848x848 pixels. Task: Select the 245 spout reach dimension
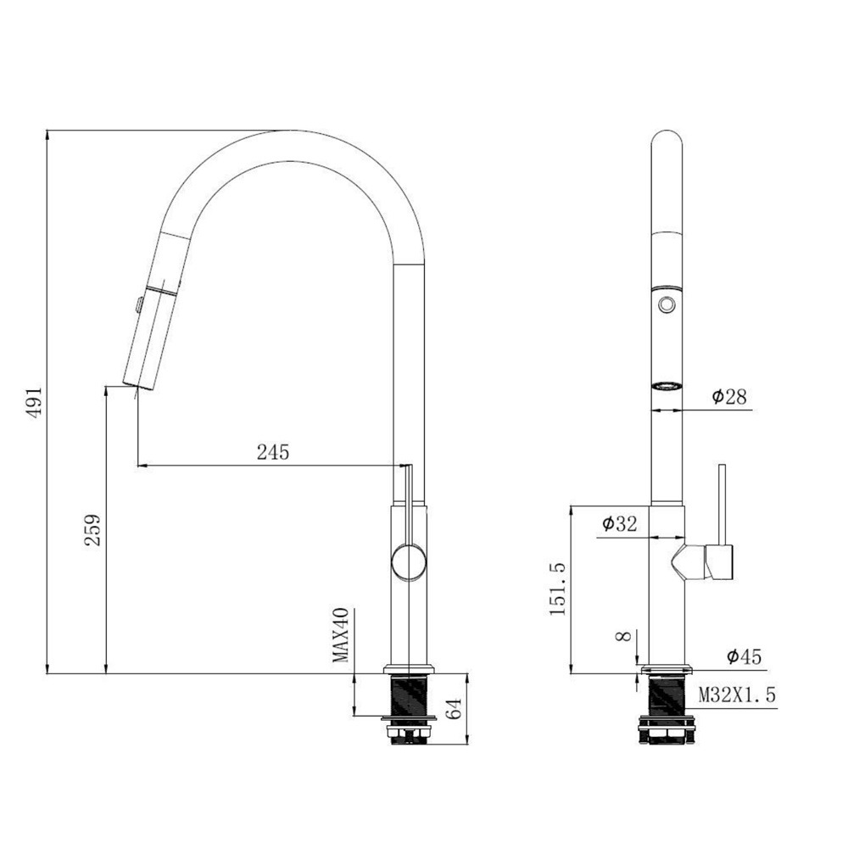(273, 452)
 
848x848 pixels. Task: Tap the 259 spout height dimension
(92, 530)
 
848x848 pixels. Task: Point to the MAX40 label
(341, 635)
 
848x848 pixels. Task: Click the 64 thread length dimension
(455, 708)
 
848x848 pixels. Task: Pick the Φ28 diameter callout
(729, 397)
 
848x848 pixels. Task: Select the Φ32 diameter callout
(620, 523)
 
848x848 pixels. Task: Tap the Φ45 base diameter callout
(745, 656)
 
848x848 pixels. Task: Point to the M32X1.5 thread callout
(737, 695)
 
